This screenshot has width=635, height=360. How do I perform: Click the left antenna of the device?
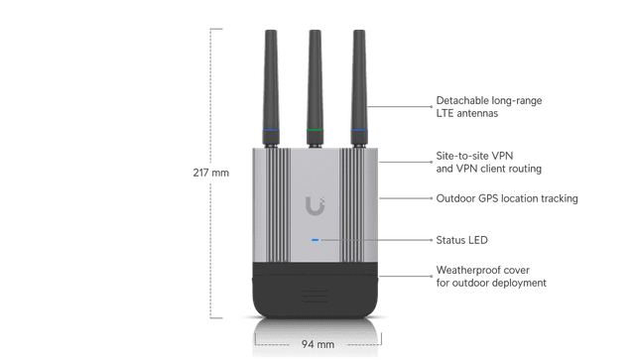click(x=270, y=79)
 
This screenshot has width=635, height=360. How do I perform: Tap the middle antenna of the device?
click(x=315, y=79)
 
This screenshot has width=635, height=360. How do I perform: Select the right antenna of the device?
click(x=358, y=79)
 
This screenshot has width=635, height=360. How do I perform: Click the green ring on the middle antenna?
click(x=315, y=129)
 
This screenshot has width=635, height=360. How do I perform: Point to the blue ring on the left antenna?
click(x=271, y=129)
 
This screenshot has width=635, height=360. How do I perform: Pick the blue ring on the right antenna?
click(x=358, y=129)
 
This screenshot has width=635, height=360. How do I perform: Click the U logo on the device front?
click(x=315, y=205)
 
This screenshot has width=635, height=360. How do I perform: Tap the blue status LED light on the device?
click(x=315, y=239)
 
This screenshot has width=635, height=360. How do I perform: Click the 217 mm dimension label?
click(x=210, y=172)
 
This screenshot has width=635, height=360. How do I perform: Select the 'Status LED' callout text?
click(x=462, y=239)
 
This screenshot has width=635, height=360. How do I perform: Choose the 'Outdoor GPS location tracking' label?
click(x=507, y=198)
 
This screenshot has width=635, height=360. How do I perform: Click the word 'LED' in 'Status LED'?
click(x=477, y=239)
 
